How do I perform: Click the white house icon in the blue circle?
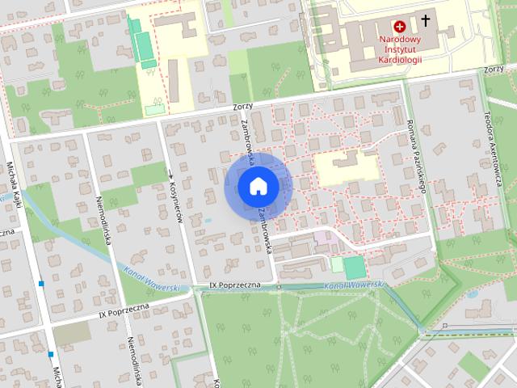tap(258, 187)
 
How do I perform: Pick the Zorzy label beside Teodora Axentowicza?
tap(494, 70)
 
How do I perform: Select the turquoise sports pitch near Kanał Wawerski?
tap(354, 268)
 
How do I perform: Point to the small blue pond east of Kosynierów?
tap(208, 219)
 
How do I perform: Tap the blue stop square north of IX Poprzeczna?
tap(40, 284)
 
